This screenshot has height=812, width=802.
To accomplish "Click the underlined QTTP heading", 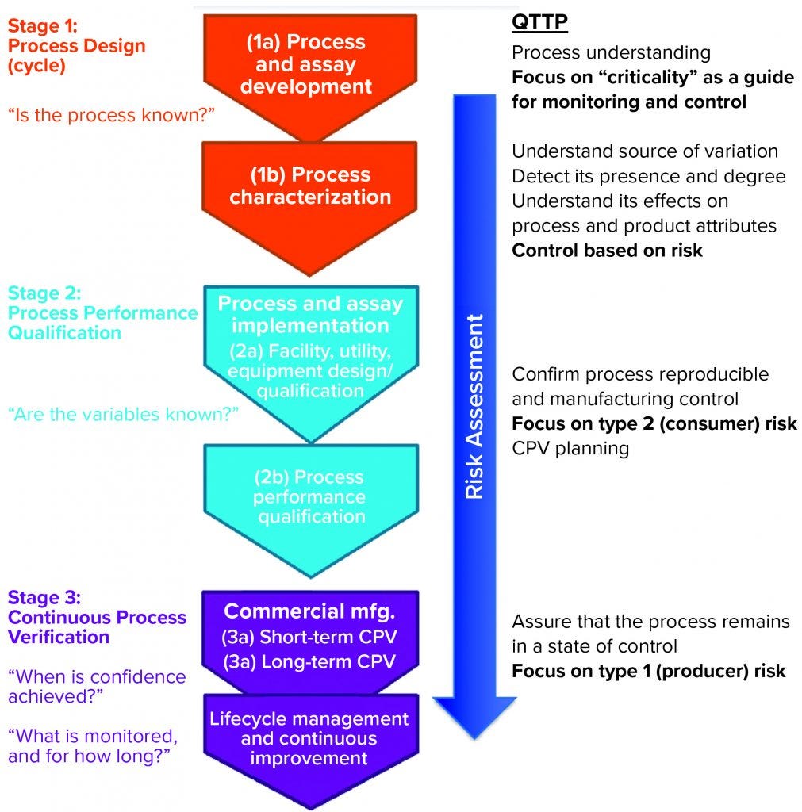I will point(539,22).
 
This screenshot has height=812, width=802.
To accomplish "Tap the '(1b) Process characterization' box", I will point(310,186).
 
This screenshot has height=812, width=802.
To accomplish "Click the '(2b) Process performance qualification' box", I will point(309,496).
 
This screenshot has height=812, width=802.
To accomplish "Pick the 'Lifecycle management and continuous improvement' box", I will point(309,738).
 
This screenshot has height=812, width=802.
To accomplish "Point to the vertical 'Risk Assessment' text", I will point(474,407).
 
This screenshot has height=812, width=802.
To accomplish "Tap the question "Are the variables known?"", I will point(123,414).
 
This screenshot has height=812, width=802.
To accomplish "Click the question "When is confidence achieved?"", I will point(97,687).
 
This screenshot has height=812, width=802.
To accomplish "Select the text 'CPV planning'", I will point(570,448).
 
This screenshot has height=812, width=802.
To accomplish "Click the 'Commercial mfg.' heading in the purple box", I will point(309,611).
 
